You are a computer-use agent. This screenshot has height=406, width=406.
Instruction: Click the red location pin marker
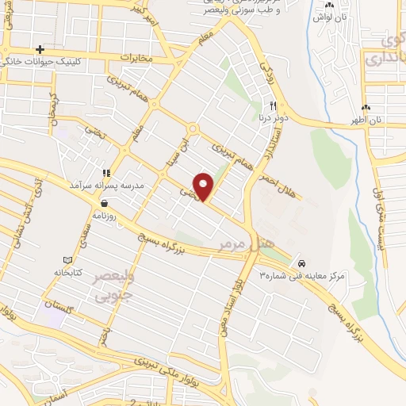[x=205, y=186]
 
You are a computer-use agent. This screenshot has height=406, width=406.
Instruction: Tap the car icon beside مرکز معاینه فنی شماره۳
[x=301, y=262]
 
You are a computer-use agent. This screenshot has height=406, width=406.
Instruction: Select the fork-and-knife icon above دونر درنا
[x=273, y=105]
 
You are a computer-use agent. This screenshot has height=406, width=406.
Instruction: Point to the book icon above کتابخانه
[x=67, y=260]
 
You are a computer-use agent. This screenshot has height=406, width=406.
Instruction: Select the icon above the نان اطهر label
[x=366, y=108]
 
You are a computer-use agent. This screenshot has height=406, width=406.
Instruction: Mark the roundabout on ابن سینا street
[x=191, y=128]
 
